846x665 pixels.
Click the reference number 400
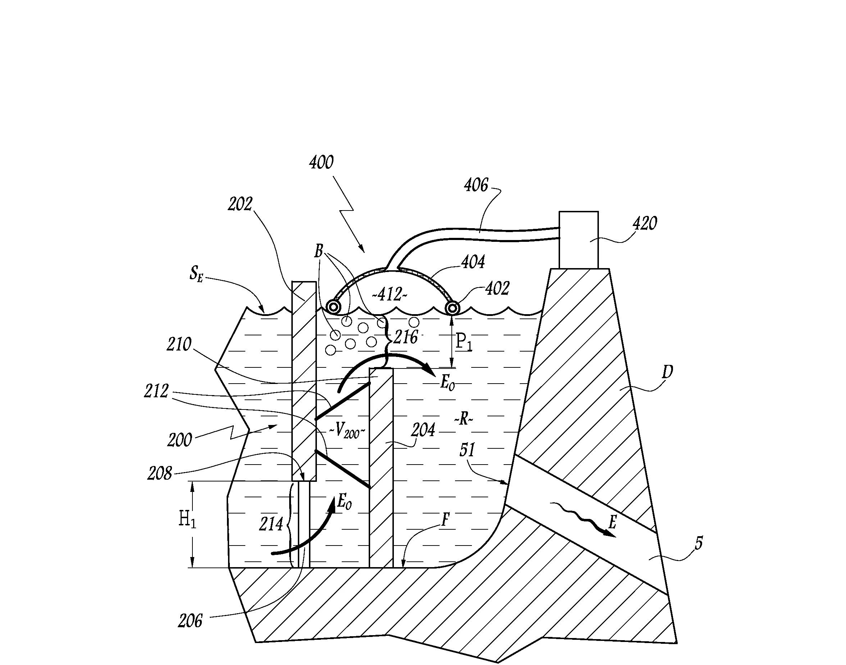(322, 162)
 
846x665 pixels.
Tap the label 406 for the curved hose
(476, 185)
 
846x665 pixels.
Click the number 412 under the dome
(390, 295)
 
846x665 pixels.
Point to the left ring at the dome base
(333, 307)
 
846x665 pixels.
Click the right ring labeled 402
(452, 309)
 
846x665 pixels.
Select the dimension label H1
(187, 520)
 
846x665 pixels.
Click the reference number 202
(240, 204)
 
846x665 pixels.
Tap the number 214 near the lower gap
(271, 524)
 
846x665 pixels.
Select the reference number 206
(190, 621)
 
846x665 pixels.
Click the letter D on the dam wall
(667, 372)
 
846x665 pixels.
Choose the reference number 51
(467, 450)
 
